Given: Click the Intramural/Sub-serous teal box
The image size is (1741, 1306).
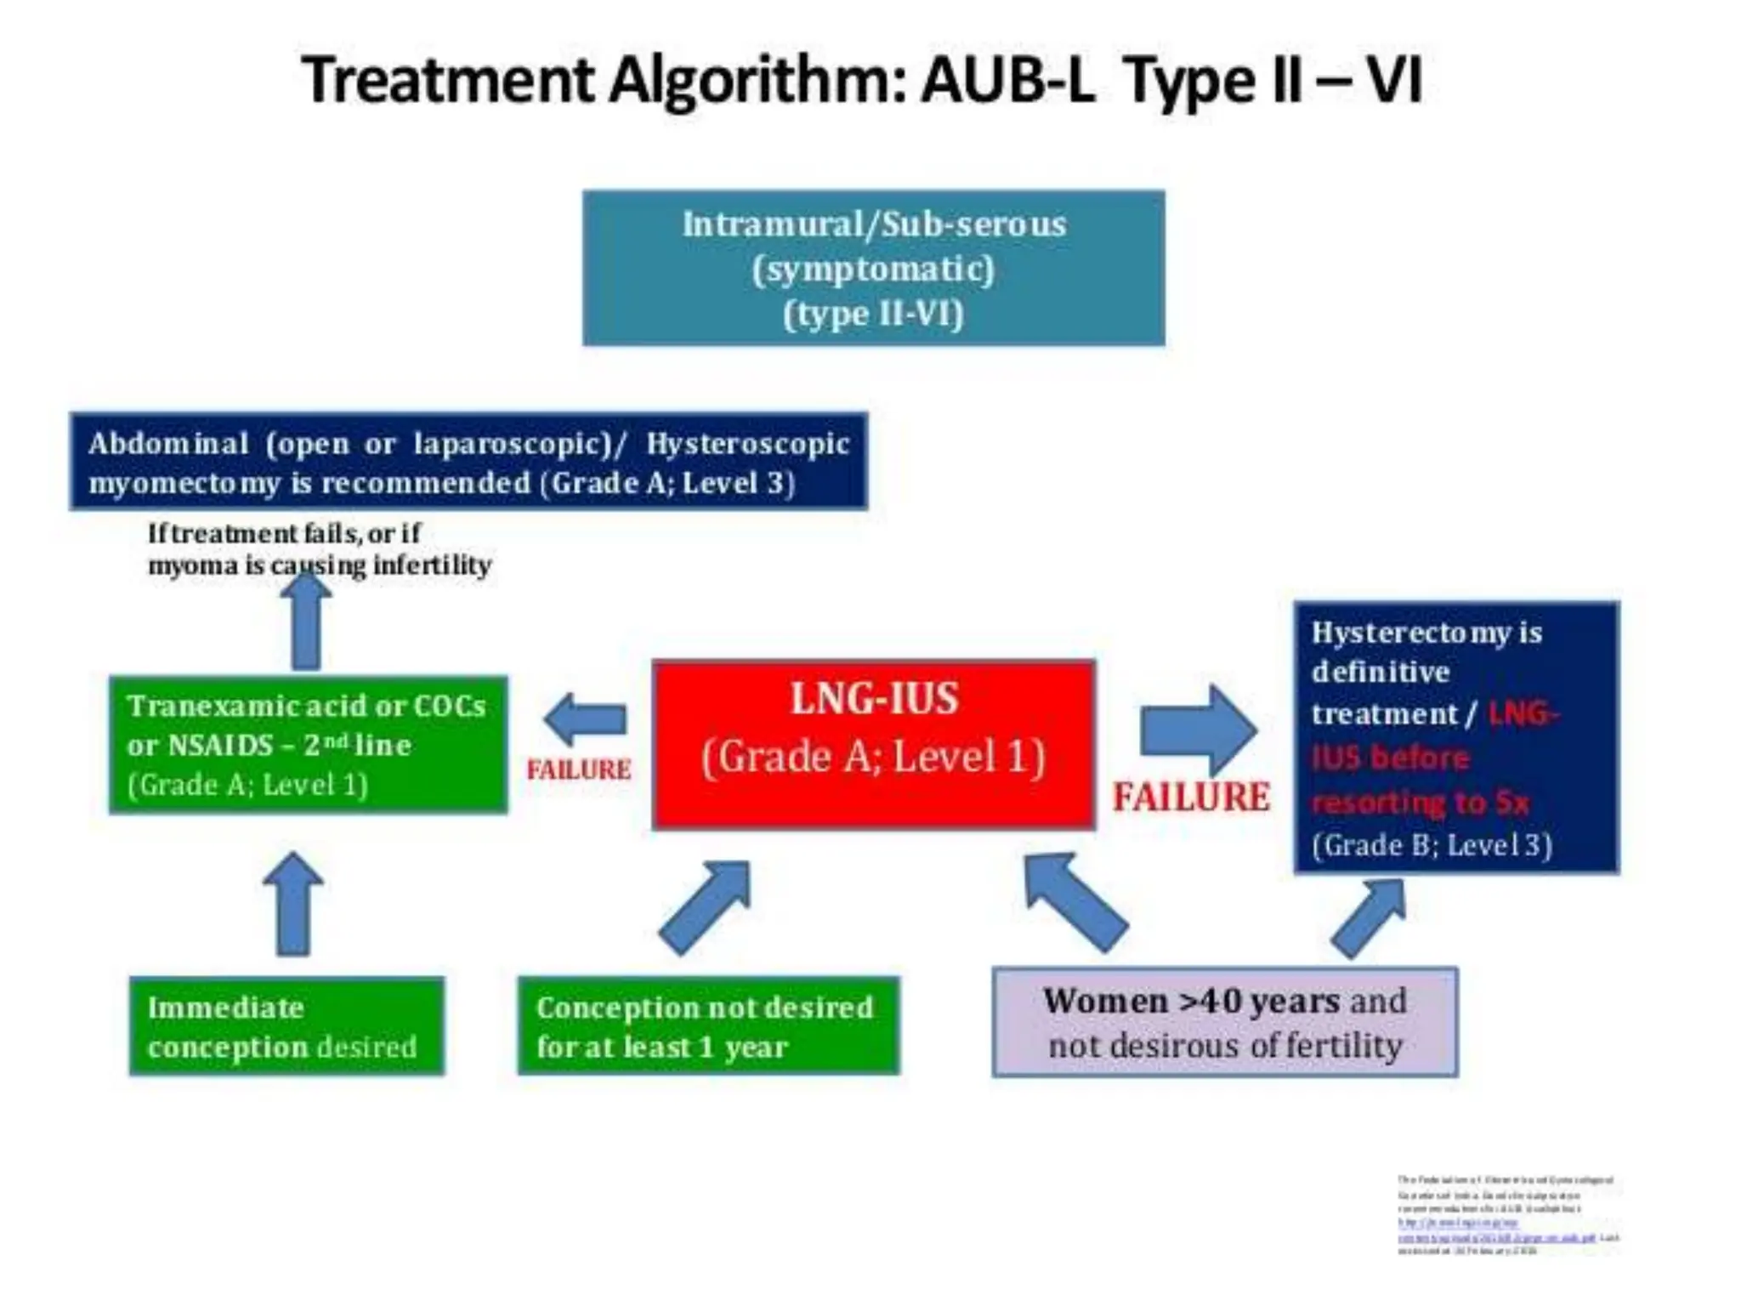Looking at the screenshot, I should tap(873, 268).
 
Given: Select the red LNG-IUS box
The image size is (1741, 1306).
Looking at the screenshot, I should tap(873, 744).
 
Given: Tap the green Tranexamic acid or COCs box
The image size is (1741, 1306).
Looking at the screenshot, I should tap(308, 744).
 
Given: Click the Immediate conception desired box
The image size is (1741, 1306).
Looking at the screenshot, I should tap(286, 1026).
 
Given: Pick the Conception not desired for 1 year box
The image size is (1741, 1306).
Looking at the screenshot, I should tap(707, 1026).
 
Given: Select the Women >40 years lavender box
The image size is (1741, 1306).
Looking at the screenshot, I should tap(1224, 1022).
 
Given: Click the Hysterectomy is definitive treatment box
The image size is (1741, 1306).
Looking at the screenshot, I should tap(1455, 737).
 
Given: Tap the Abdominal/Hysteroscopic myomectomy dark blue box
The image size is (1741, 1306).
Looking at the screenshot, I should tap(468, 462).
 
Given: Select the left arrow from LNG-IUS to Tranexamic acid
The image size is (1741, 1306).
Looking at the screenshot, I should tap(587, 719).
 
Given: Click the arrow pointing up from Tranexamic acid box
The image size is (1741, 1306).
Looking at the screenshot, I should tap(306, 625).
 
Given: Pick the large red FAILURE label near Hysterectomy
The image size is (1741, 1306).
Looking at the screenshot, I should tap(1191, 798).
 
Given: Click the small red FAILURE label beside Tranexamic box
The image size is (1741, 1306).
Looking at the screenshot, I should tap(579, 769).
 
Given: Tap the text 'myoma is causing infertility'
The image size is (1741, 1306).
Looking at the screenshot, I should tap(320, 565).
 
